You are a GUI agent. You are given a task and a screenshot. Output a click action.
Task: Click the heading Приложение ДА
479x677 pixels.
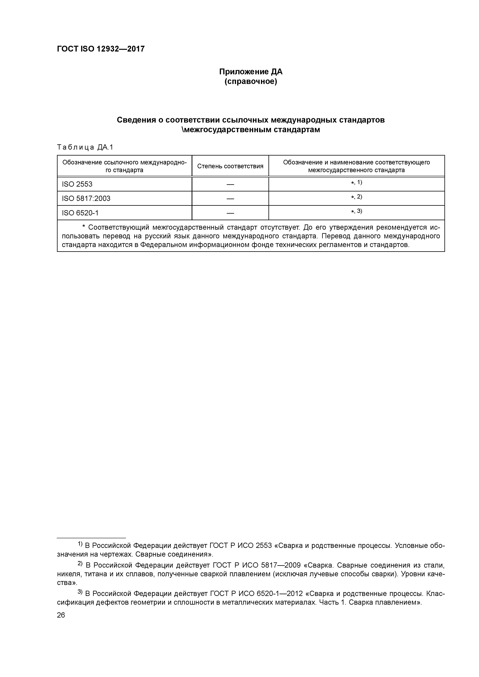[251, 72]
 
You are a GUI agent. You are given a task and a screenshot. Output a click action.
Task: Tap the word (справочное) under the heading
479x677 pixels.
[251, 81]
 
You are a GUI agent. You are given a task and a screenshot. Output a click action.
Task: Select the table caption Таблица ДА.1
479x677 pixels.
[85, 147]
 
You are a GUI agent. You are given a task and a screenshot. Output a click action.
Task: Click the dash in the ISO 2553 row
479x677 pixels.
[230, 184]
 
